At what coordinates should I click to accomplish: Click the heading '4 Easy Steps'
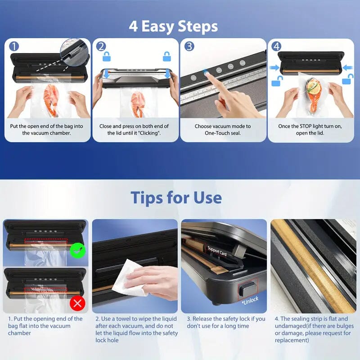[x=173, y=26]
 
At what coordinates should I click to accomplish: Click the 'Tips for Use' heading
[x=176, y=198]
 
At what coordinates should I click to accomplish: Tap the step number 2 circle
[x=101, y=46]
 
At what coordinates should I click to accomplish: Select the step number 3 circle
[x=189, y=46]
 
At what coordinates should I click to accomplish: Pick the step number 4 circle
[x=277, y=46]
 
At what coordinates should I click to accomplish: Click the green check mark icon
[x=77, y=248]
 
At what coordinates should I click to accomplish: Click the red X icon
[x=77, y=303]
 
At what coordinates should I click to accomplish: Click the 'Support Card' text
[x=217, y=252]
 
